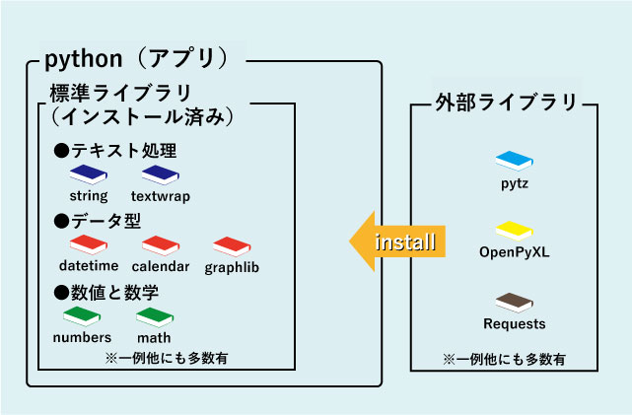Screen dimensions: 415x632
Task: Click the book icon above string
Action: coord(88,174)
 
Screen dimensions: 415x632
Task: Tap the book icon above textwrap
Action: coord(162,174)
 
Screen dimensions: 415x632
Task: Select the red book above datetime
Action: coord(89,245)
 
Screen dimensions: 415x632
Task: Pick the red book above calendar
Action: coord(160,245)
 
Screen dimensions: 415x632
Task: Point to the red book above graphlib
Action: coord(232,246)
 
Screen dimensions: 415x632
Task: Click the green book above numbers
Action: coord(82,316)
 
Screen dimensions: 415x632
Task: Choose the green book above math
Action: coord(155,316)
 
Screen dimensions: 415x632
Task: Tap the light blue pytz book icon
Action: coord(515,160)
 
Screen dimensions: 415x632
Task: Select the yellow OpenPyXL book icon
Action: coord(515,231)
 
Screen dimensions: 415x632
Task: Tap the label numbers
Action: coord(82,337)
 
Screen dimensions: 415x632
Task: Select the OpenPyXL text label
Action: coord(515,252)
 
